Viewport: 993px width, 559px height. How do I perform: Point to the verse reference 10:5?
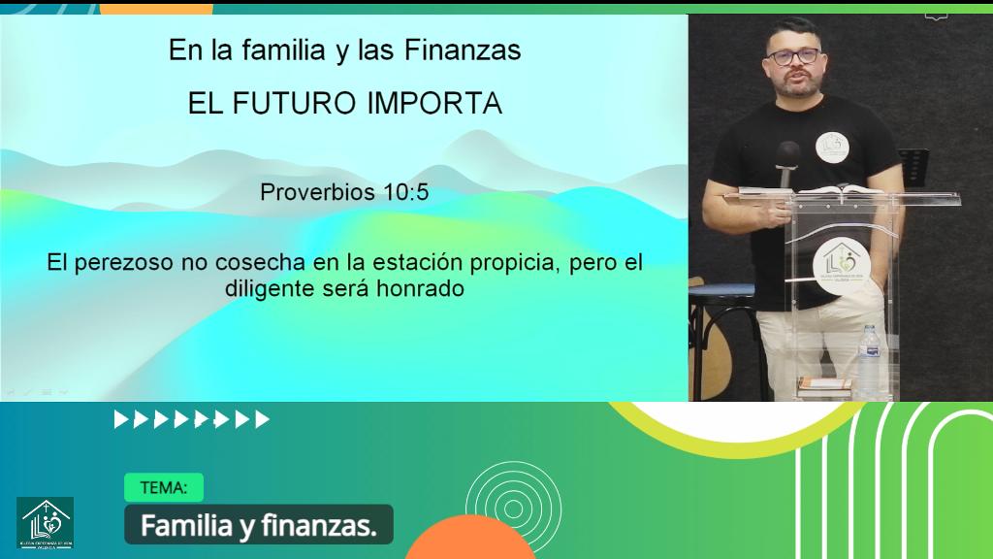coord(404,192)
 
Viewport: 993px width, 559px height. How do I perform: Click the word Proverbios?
coord(317,192)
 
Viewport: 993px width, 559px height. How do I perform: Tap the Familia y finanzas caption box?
coord(258,525)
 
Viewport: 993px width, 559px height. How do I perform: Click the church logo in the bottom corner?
coord(45,522)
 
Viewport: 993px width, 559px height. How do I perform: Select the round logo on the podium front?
coord(836,258)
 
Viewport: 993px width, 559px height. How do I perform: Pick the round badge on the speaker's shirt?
coord(832,147)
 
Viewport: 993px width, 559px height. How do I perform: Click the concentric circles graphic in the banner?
coord(499,503)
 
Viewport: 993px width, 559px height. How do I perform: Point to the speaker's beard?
coord(802,85)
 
